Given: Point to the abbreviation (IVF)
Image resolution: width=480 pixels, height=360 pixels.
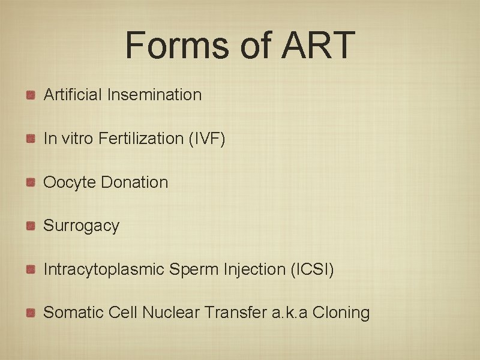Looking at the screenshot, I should [x=207, y=138].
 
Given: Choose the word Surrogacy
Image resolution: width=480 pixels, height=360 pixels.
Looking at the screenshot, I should [x=82, y=226].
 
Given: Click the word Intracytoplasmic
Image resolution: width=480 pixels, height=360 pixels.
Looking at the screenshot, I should [x=103, y=269].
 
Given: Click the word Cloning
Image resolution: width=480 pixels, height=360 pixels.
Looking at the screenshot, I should [x=341, y=313].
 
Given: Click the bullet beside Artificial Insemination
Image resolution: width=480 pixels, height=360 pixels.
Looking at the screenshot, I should [x=31, y=94].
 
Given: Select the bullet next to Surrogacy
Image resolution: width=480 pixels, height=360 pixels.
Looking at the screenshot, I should [x=31, y=226].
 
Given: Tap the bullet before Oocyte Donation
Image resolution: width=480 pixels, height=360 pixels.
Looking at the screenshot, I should [x=31, y=182].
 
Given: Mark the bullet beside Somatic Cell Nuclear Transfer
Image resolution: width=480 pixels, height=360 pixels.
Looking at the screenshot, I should [x=31, y=313].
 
